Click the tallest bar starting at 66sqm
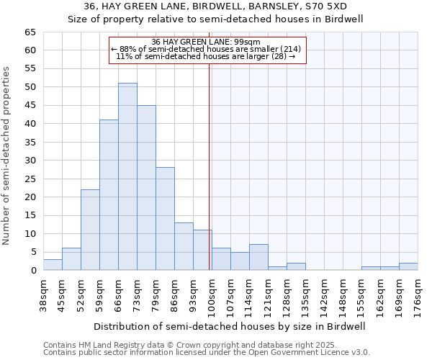127,176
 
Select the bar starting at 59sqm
109,194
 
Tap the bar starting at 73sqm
146,187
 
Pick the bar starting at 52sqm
90,230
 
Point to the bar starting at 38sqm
53,265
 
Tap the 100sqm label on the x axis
212,293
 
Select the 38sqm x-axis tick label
44,293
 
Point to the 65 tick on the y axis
30,32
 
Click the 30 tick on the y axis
30,161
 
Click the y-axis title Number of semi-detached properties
7,155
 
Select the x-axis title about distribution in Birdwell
230,326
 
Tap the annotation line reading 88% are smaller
207,49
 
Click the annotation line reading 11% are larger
207,56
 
